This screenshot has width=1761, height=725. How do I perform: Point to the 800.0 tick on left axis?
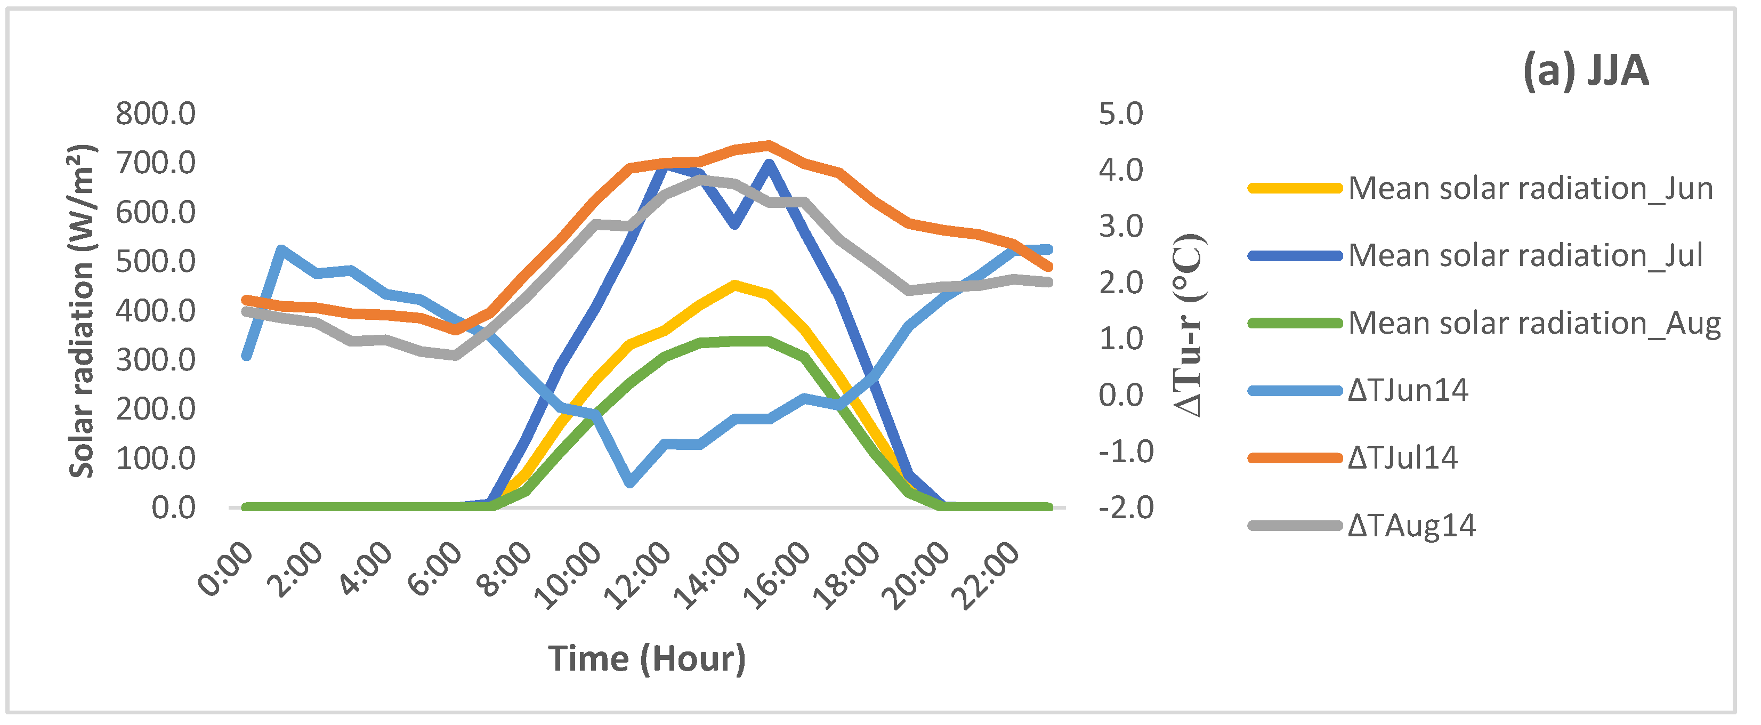tap(156, 114)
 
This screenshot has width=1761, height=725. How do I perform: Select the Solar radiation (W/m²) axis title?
tap(82, 311)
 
